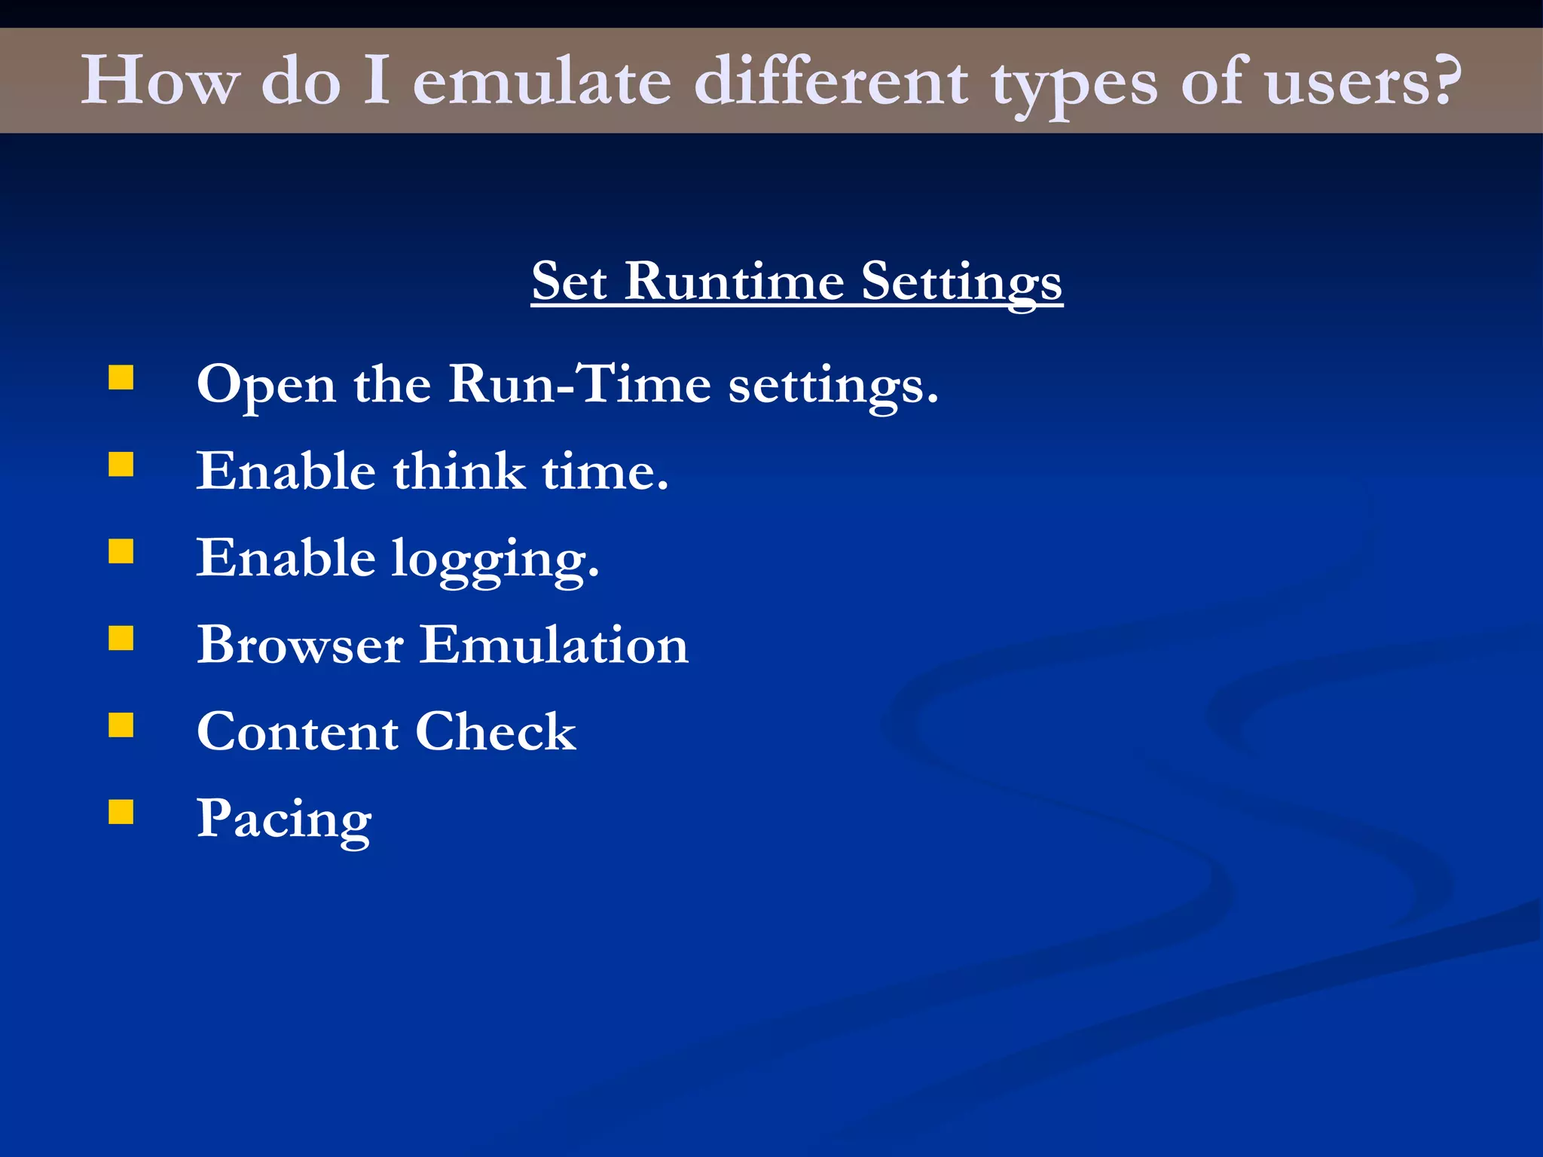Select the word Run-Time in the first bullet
coord(579,384)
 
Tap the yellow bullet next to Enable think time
coord(121,464)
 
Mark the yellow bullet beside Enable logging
coord(121,551)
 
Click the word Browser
coord(300,645)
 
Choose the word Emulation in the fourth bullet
coord(554,645)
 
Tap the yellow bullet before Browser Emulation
coord(121,638)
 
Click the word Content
coord(298,731)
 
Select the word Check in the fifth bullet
coord(495,731)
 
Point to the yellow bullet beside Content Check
coord(121,725)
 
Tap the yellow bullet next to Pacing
coord(121,812)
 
